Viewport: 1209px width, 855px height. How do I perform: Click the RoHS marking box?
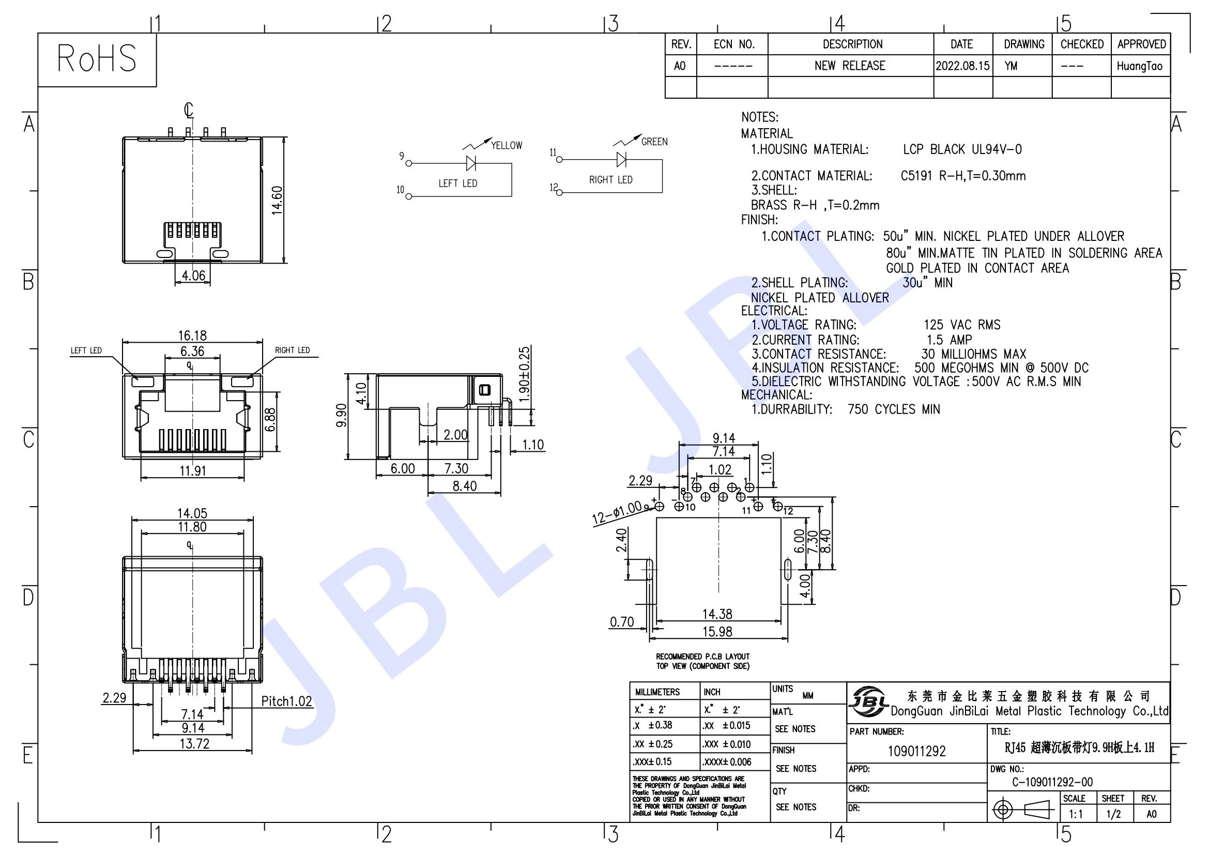(97, 59)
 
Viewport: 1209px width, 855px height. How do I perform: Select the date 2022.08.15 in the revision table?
(962, 66)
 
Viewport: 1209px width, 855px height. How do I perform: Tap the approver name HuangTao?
(1140, 66)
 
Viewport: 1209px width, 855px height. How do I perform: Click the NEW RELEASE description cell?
(850, 66)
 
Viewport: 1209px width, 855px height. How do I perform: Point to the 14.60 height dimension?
(278, 200)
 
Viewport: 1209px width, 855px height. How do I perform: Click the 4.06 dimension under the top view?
(193, 276)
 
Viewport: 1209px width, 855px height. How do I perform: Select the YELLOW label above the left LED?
(507, 145)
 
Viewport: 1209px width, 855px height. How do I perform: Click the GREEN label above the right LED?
(654, 142)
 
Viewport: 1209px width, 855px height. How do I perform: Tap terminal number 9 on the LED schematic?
(402, 156)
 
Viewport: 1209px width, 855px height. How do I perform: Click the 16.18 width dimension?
(192, 335)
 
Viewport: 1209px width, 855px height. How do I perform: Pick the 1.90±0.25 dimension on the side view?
(525, 374)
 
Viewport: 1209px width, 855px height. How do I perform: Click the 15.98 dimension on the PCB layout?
(717, 631)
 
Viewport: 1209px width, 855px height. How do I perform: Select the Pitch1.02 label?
(286, 701)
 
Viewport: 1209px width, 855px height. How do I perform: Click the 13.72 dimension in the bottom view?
(194, 744)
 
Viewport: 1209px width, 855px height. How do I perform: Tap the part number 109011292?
(917, 751)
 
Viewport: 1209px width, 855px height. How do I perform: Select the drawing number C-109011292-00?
(1052, 782)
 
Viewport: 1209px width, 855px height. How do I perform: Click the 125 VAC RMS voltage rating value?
(962, 325)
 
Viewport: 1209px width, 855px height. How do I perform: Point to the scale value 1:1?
(1076, 814)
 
